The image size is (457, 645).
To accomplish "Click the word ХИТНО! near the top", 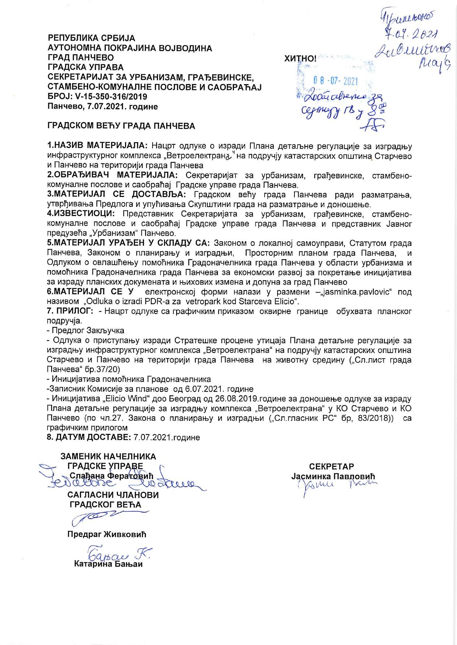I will pos(300,58).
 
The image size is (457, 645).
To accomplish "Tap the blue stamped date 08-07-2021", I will pos(335,81).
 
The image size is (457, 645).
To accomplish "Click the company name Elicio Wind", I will pos(128,399).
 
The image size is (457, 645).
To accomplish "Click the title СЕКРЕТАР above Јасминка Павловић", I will pos(332,466).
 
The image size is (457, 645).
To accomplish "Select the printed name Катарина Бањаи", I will pos(108,564).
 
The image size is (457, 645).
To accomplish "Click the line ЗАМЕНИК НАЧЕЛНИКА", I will pos(108,457).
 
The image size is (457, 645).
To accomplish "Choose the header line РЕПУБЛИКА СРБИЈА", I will pos(92,38).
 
